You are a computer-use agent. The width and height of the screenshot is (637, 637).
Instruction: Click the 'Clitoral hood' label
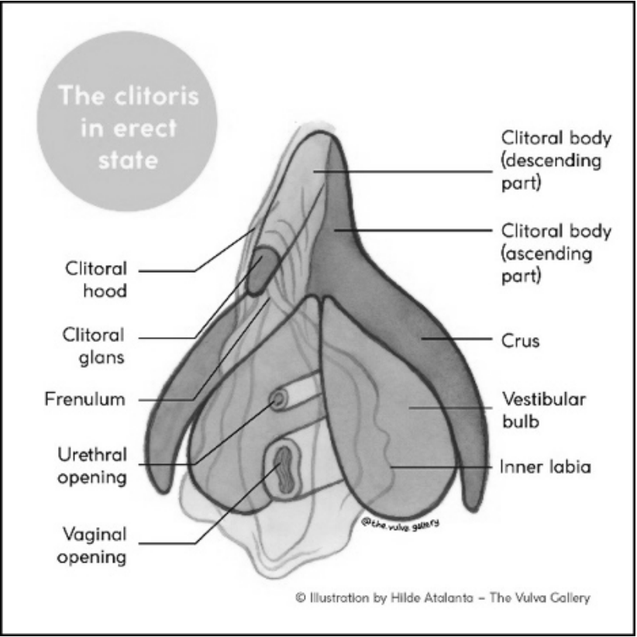pos(95,280)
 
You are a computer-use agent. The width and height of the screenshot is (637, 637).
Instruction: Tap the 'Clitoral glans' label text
pos(94,346)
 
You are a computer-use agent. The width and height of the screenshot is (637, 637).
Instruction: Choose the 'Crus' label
pos(521,339)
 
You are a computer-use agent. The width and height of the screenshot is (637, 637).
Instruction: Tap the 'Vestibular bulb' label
pos(544,411)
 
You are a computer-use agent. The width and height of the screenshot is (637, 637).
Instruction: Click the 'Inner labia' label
pos(545,467)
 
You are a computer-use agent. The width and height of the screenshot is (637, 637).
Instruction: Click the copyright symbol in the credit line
pos(300,598)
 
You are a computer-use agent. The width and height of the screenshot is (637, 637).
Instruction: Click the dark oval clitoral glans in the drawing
pos(260,270)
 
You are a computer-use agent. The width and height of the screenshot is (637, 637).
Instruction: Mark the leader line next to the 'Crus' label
pos(457,339)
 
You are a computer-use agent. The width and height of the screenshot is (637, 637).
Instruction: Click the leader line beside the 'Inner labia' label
pos(442,467)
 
